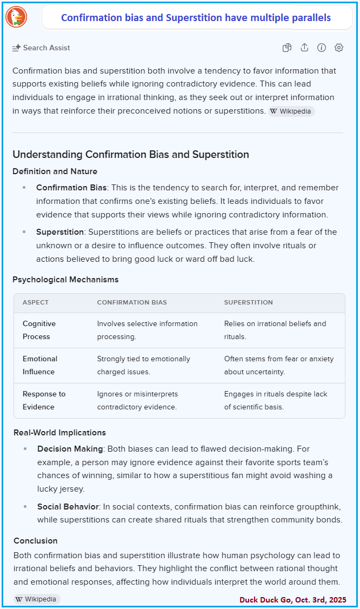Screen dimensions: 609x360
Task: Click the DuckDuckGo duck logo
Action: click(x=16, y=17)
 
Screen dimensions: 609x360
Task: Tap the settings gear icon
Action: click(x=339, y=48)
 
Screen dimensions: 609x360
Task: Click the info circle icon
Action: click(x=322, y=48)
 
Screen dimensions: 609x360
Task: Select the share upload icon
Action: click(x=304, y=48)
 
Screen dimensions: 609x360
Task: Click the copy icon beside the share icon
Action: click(x=287, y=48)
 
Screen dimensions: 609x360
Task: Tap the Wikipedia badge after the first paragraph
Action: click(x=291, y=111)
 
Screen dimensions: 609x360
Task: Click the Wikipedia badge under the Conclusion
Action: click(x=37, y=599)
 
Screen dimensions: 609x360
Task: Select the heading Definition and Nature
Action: click(x=55, y=171)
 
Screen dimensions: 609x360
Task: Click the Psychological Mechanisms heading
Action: click(x=65, y=280)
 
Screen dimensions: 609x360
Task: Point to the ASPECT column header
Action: click(x=36, y=302)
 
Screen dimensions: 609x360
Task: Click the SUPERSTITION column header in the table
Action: click(x=249, y=302)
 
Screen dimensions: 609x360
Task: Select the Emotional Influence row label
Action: click(x=40, y=365)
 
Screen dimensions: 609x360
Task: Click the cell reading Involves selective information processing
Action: click(x=147, y=330)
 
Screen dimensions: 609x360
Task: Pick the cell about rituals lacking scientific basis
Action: click(x=276, y=400)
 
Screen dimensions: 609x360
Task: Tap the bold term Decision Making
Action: click(x=70, y=449)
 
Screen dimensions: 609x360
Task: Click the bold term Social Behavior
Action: click(x=68, y=507)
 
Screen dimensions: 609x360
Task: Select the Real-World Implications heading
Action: click(x=60, y=433)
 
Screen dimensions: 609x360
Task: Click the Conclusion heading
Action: click(x=36, y=541)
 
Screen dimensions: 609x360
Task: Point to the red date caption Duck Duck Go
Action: click(x=293, y=600)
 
